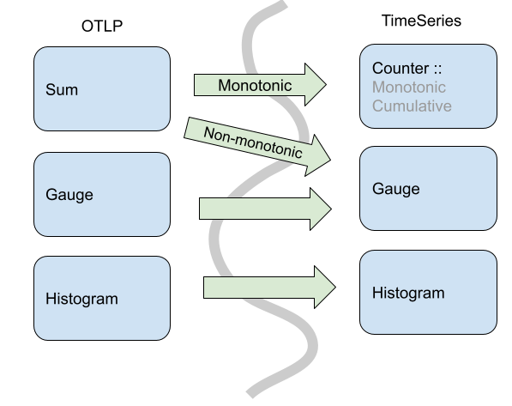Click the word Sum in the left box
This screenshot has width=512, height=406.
[x=60, y=88]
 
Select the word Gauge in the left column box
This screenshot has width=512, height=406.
[x=69, y=194]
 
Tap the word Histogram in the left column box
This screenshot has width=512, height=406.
[x=81, y=299]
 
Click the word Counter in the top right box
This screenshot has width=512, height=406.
[x=401, y=68]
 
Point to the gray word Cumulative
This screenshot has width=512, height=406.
[x=412, y=106]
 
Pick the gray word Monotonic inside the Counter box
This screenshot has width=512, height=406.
[x=409, y=87]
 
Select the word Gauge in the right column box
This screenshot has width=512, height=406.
[x=395, y=188]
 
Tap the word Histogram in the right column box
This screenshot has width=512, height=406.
[x=408, y=293]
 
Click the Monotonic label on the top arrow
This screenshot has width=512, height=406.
[x=255, y=85]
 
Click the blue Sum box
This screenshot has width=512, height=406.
[x=102, y=88]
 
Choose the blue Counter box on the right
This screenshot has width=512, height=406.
[x=428, y=87]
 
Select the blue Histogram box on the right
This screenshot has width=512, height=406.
[x=428, y=293]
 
